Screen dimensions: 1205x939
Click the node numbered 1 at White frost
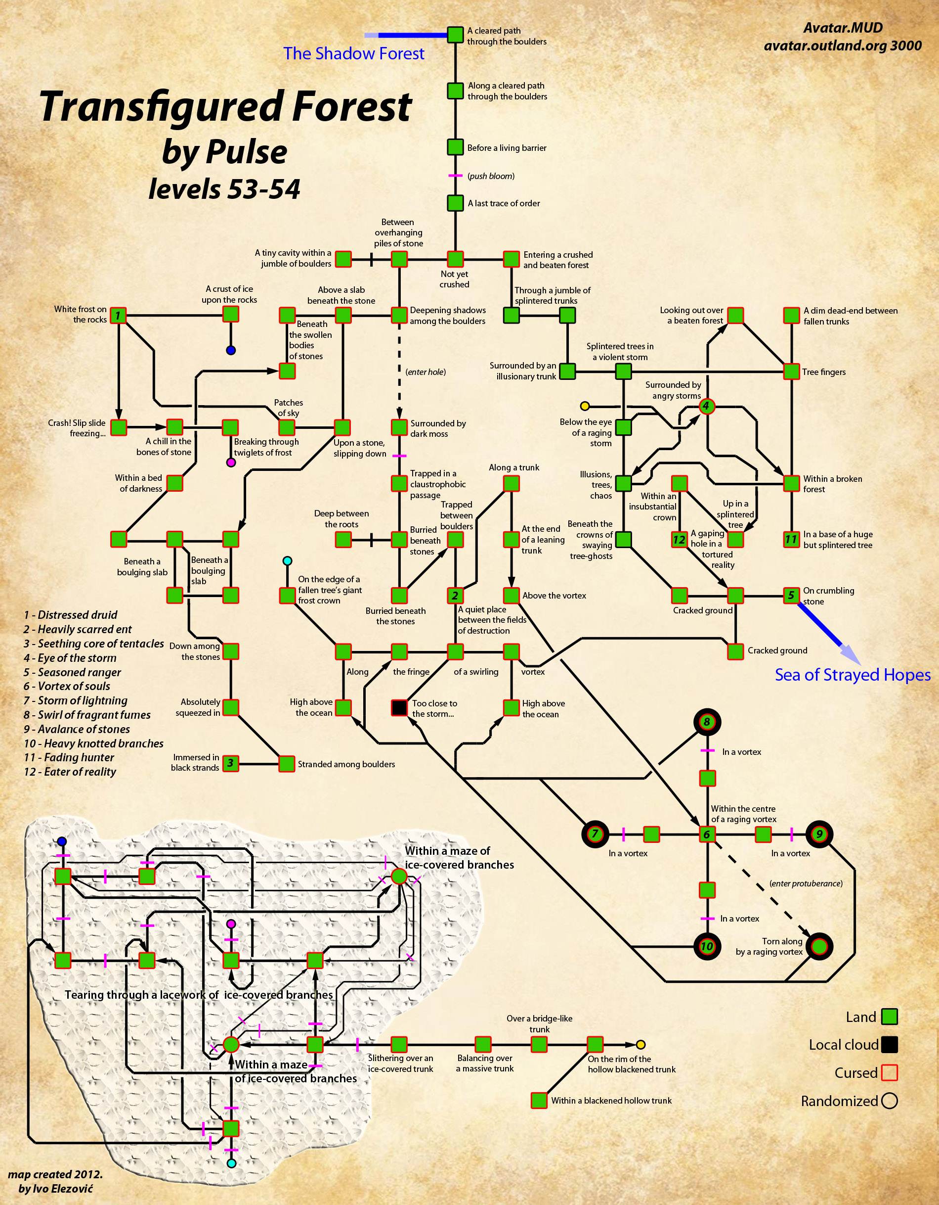click(x=118, y=316)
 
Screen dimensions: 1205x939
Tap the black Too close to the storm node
click(x=399, y=707)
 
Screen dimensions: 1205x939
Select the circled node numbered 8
click(x=707, y=722)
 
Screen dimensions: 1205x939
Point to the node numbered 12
click(x=680, y=539)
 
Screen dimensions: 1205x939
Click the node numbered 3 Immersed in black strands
click(x=230, y=763)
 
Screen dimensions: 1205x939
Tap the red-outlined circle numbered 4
click(x=706, y=406)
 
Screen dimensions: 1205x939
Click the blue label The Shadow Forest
click(x=353, y=53)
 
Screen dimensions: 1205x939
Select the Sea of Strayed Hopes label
click(x=853, y=675)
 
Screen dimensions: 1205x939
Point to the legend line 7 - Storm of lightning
click(x=76, y=701)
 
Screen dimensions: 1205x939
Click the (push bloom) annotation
click(x=491, y=176)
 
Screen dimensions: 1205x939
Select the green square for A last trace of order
click(x=455, y=203)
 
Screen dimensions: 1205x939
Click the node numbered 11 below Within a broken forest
click(x=791, y=539)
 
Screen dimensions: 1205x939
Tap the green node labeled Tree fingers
click(x=791, y=371)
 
